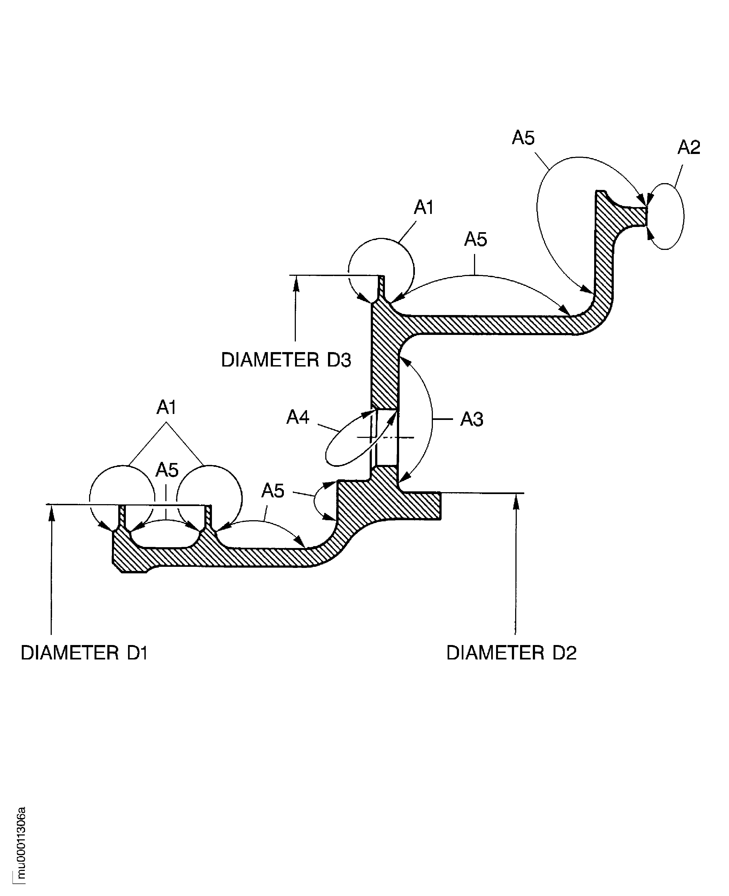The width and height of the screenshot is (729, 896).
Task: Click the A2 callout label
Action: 689,147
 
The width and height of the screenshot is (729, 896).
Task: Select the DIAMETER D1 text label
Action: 84,653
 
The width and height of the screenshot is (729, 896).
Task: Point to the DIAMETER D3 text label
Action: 286,360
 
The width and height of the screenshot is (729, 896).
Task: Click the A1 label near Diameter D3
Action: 423,207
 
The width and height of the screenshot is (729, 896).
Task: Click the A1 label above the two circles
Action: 166,407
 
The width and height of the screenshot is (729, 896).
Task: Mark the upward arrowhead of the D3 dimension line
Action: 296,284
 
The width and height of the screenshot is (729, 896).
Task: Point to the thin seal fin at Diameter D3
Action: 381,286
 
